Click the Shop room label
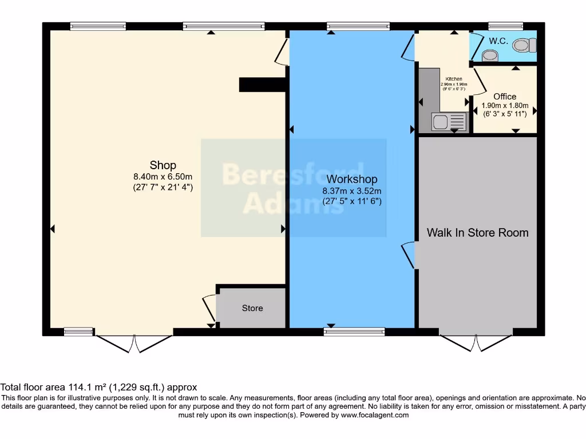(x=163, y=166)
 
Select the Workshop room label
(x=351, y=179)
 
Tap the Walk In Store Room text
(x=477, y=233)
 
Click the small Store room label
(x=252, y=308)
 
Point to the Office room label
(x=505, y=97)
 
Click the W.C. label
(x=498, y=41)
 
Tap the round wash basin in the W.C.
(x=490, y=55)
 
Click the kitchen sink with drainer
(x=450, y=121)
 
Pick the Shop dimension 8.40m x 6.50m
(x=163, y=177)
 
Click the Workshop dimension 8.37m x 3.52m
(x=351, y=191)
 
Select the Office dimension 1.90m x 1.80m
(x=505, y=106)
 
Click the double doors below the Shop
(x=134, y=343)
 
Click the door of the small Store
(x=209, y=309)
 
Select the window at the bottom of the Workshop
(x=354, y=332)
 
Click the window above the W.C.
(x=505, y=26)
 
